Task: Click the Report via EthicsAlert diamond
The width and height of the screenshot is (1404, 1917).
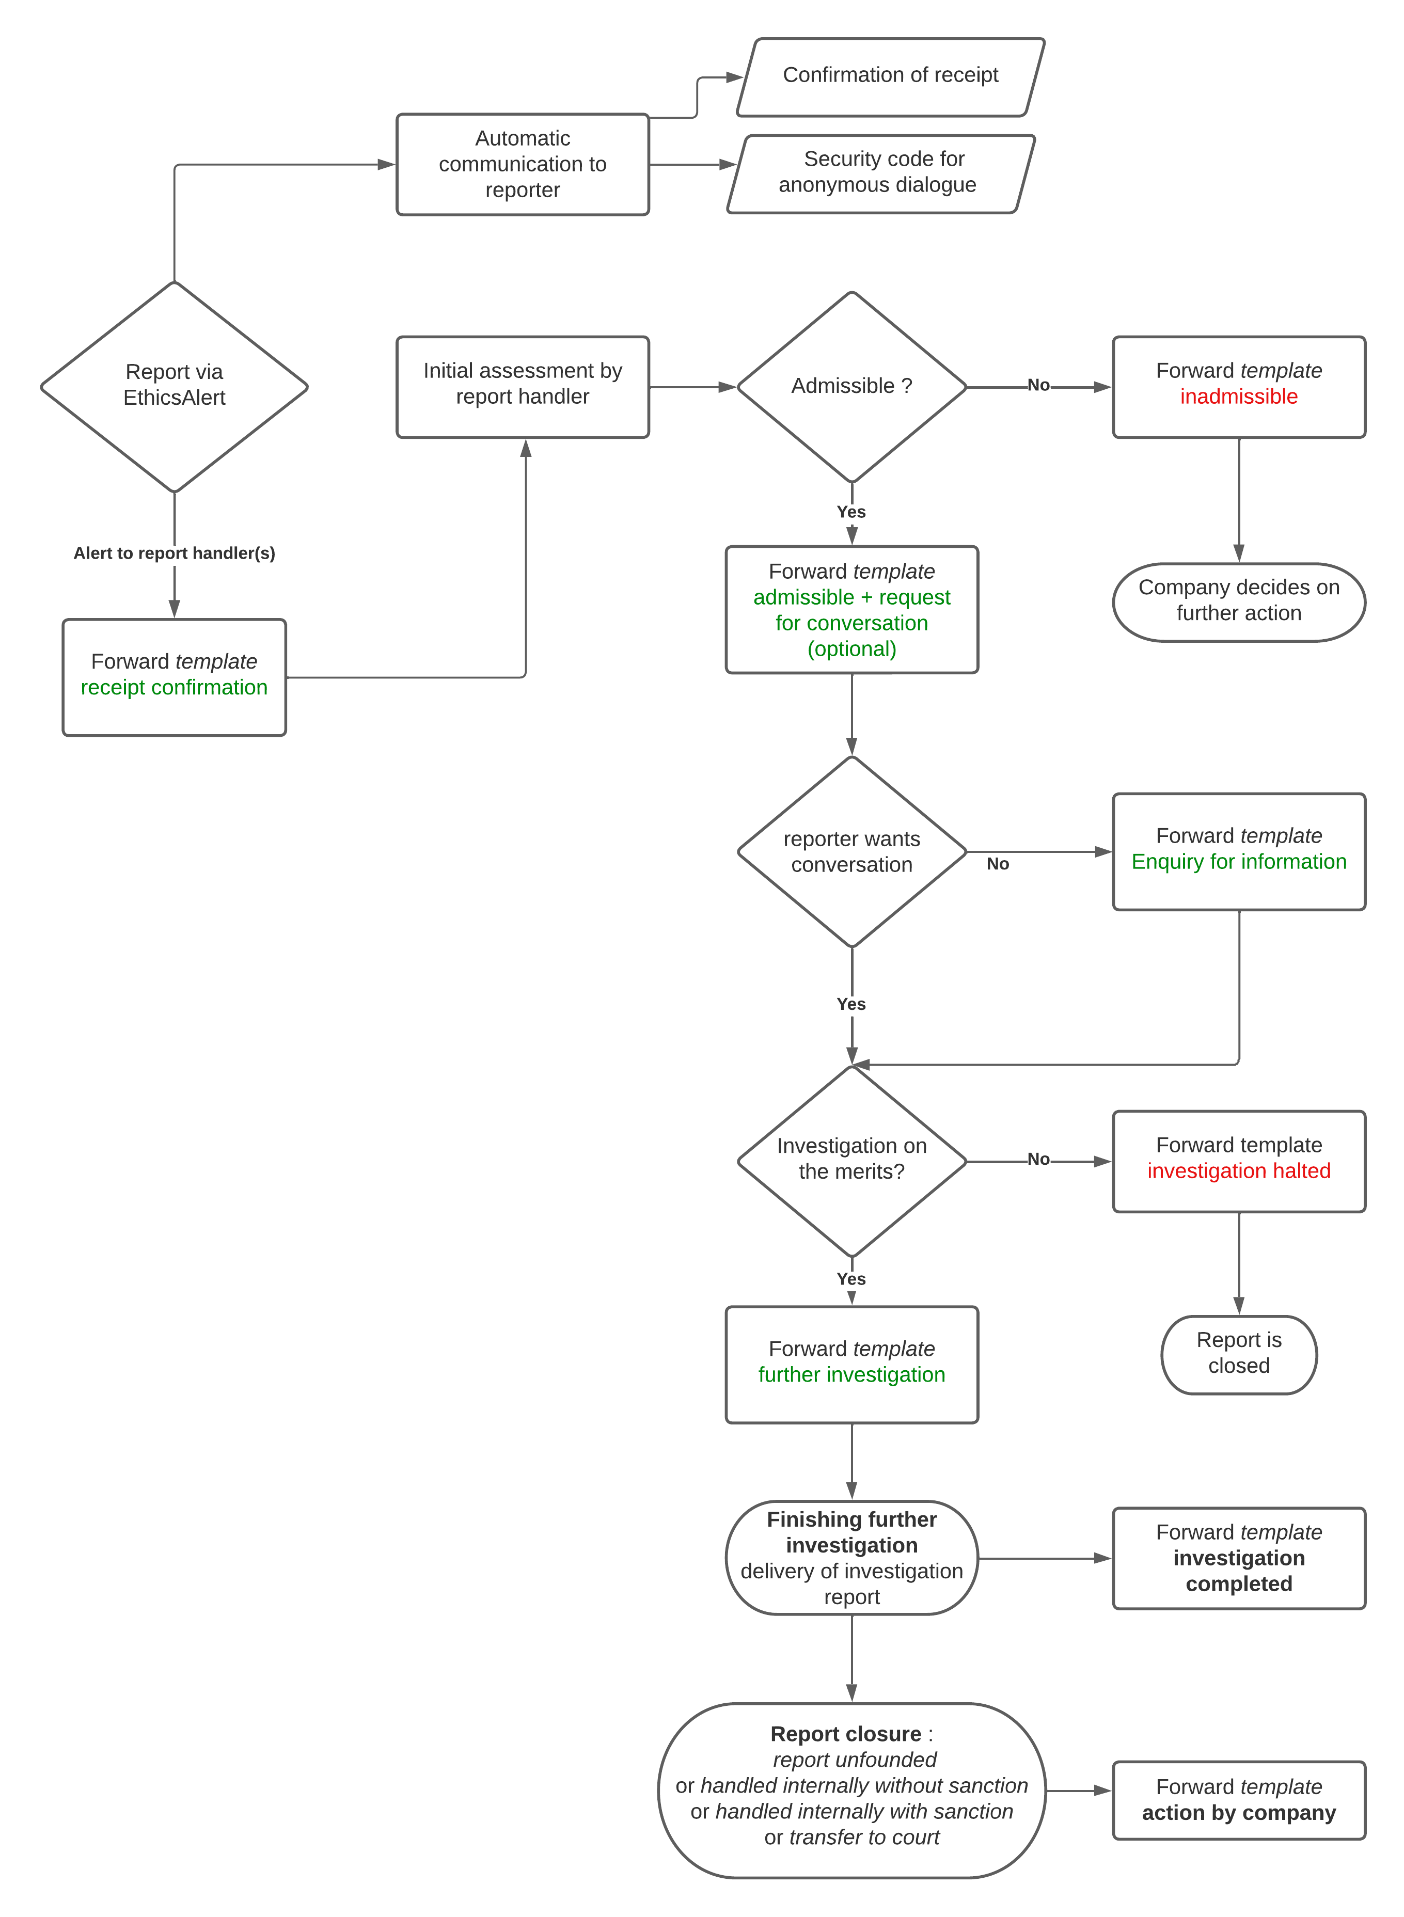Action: click(x=174, y=387)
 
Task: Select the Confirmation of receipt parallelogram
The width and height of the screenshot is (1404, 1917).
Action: click(x=890, y=76)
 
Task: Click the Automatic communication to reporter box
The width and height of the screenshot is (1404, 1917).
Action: click(x=522, y=164)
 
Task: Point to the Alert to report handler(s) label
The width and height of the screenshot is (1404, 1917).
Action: click(x=174, y=553)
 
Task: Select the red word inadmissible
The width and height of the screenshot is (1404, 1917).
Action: click(x=1238, y=397)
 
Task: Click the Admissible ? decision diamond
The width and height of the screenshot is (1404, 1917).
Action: click(x=851, y=387)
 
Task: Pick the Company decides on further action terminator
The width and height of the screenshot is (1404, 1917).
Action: click(x=1238, y=601)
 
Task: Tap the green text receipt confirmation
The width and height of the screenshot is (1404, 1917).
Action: click(x=174, y=687)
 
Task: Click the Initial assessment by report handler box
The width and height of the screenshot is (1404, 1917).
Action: click(x=522, y=387)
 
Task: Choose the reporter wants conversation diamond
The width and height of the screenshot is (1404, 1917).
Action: click(x=851, y=851)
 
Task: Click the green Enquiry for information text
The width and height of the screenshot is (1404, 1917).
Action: click(x=1238, y=862)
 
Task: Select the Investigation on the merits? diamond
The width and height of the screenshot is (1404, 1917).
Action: click(x=851, y=1160)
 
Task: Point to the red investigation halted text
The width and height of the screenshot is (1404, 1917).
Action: click(x=1238, y=1171)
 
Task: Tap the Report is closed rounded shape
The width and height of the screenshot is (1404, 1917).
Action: click(x=1238, y=1354)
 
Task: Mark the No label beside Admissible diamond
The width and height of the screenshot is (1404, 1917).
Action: click(x=1038, y=385)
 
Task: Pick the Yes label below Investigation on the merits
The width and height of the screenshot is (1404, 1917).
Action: click(x=851, y=1279)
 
